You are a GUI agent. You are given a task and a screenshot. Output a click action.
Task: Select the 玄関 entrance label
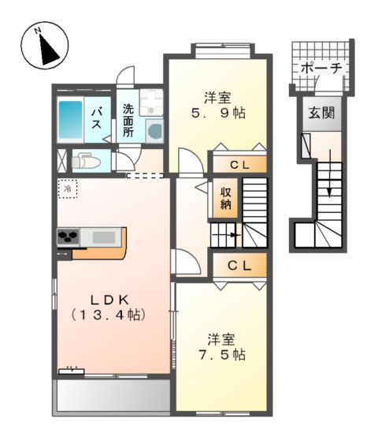click(x=321, y=112)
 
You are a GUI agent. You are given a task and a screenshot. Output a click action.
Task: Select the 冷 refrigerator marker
click(x=69, y=189)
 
